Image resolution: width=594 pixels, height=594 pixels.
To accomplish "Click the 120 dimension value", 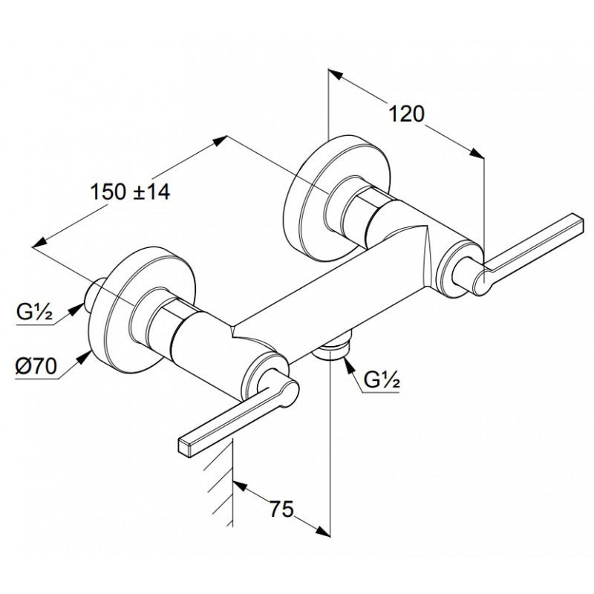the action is click(x=406, y=114).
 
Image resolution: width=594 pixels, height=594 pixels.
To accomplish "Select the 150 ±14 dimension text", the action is click(x=129, y=192).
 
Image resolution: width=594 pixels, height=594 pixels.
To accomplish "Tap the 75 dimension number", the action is click(x=281, y=509).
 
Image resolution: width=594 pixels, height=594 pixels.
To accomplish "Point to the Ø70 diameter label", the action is click(x=36, y=366).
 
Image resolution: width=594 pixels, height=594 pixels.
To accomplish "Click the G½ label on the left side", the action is click(x=34, y=312).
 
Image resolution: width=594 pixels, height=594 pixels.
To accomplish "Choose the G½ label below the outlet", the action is click(x=382, y=380).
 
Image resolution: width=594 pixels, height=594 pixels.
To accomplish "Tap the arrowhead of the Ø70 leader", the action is click(x=84, y=357).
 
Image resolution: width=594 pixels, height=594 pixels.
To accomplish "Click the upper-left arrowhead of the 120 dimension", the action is click(x=336, y=75).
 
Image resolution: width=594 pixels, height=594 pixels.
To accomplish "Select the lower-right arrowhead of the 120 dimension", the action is click(x=477, y=153).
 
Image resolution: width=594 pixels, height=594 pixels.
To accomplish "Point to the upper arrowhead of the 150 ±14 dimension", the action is click(x=219, y=140).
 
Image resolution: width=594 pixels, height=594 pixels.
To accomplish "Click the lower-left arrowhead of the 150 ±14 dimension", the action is click(x=40, y=243).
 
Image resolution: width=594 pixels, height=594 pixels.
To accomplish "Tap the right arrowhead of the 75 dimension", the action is click(x=323, y=531).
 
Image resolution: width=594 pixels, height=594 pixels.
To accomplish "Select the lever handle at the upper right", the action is click(x=525, y=253).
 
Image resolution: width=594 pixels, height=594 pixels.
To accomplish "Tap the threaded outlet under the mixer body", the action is click(x=332, y=347).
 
